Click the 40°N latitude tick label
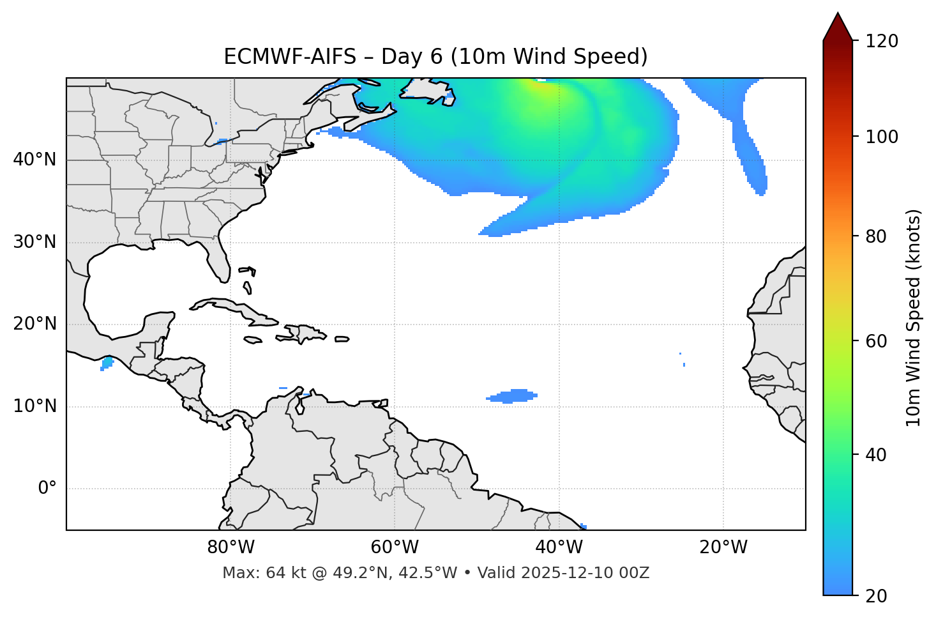pos(34,160)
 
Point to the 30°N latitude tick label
pos(34,242)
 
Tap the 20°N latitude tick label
pos(34,324)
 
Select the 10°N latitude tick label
pos(34,406)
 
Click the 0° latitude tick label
pos(47,489)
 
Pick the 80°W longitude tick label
pos(230,547)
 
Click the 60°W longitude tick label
pos(395,547)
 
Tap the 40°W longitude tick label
pos(559,547)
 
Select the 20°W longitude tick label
pos(723,547)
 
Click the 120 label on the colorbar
pos(881,42)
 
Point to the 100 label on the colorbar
pos(881,137)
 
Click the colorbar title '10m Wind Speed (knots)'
pos(914,317)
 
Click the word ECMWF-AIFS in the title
pos(290,57)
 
